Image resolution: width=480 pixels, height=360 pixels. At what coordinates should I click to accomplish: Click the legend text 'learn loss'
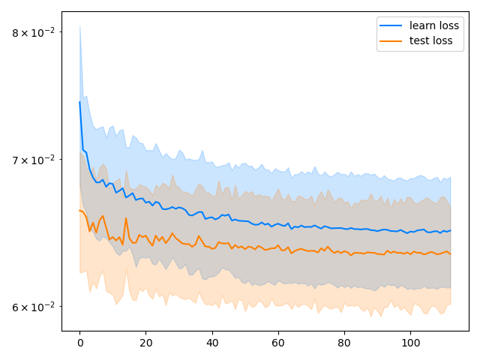434,25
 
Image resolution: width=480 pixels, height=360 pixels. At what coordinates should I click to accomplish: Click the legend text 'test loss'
430,40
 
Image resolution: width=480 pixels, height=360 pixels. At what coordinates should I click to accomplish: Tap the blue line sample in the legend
391,25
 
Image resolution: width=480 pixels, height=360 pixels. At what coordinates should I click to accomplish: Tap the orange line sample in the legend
391,40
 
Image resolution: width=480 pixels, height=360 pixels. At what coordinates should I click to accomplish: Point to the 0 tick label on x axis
79,343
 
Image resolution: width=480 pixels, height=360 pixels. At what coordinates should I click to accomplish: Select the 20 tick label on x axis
145,343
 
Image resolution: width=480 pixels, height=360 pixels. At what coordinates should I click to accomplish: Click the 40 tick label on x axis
212,343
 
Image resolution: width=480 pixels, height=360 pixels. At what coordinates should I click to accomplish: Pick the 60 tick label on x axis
278,343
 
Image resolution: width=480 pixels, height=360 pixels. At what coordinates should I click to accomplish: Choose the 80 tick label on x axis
344,343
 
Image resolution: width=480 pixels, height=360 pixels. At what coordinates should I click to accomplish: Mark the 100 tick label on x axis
410,343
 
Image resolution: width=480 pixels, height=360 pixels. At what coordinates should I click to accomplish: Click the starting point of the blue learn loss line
79,102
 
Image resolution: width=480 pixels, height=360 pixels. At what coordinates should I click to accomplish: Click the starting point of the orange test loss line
79,210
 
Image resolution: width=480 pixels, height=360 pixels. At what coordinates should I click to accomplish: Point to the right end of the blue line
451,230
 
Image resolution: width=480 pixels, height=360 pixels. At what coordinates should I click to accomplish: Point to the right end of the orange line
451,253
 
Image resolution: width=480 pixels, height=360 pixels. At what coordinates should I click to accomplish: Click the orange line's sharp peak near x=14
126,218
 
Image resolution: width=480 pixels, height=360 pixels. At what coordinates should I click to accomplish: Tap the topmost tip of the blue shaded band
79,25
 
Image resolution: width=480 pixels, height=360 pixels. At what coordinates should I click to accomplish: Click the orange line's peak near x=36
199,236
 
